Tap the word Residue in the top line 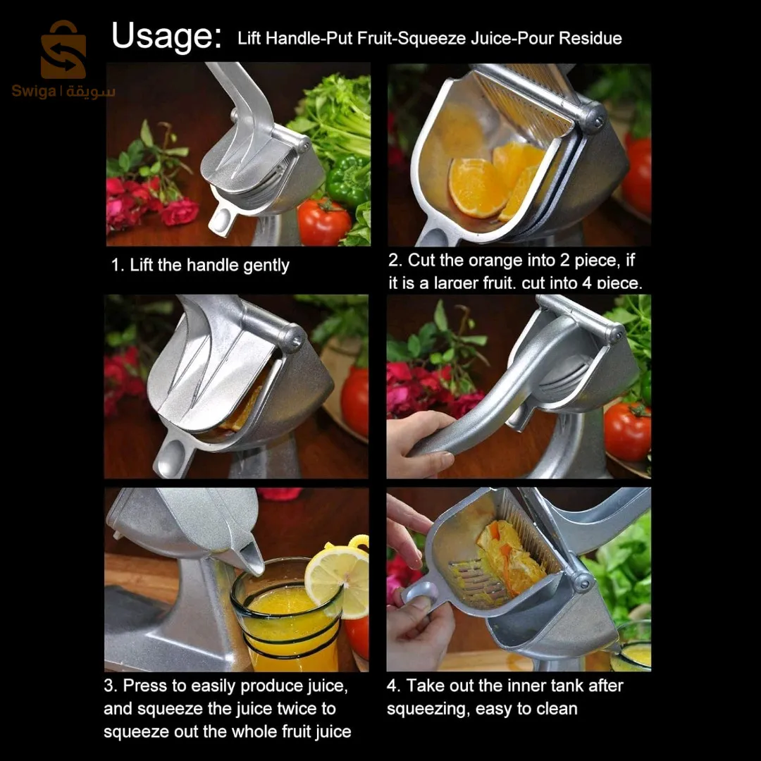[590, 38]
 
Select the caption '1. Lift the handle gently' [201, 266]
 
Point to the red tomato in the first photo [323, 221]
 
